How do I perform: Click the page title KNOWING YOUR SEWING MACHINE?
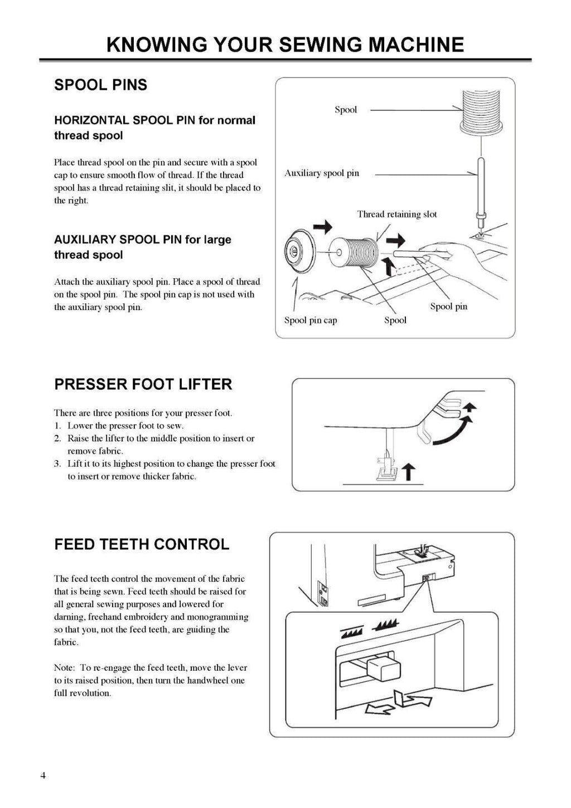(285, 45)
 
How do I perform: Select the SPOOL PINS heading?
(100, 85)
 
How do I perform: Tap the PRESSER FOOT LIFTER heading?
(143, 384)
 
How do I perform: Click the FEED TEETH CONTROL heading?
(142, 544)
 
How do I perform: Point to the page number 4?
(43, 776)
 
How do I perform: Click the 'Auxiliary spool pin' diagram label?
(322, 173)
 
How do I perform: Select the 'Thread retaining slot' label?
(396, 214)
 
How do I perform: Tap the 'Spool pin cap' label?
(311, 320)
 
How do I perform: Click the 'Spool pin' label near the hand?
(448, 306)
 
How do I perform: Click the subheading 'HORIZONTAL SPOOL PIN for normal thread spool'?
(154, 128)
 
